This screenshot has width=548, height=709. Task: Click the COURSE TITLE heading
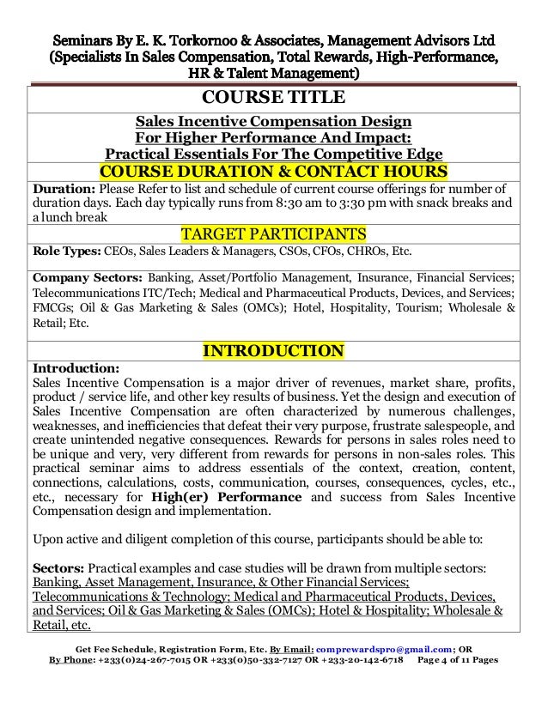point(272,96)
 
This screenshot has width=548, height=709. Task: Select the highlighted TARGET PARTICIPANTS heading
point(272,234)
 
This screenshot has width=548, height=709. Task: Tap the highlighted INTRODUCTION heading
point(272,351)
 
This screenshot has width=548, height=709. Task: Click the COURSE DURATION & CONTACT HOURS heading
point(272,171)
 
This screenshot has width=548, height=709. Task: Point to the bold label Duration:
point(64,189)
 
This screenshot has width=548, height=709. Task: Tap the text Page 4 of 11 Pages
point(458,662)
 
